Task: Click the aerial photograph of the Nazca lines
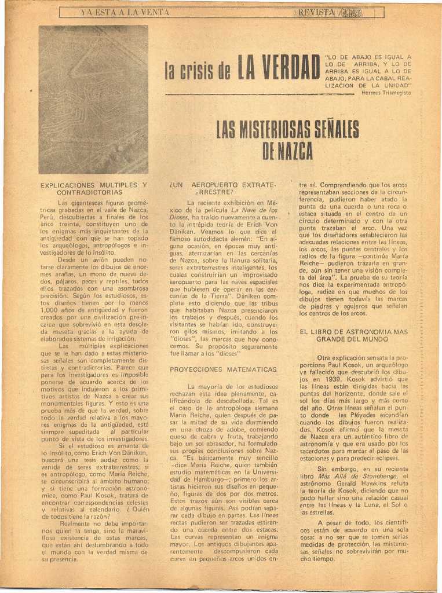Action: [93, 100]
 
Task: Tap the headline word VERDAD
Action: [280, 68]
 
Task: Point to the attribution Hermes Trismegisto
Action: [386, 93]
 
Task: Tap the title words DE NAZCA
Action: [287, 151]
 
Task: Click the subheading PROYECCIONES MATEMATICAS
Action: [223, 369]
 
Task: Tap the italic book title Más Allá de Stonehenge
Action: [349, 476]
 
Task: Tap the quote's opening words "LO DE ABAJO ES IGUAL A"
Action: [368, 57]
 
